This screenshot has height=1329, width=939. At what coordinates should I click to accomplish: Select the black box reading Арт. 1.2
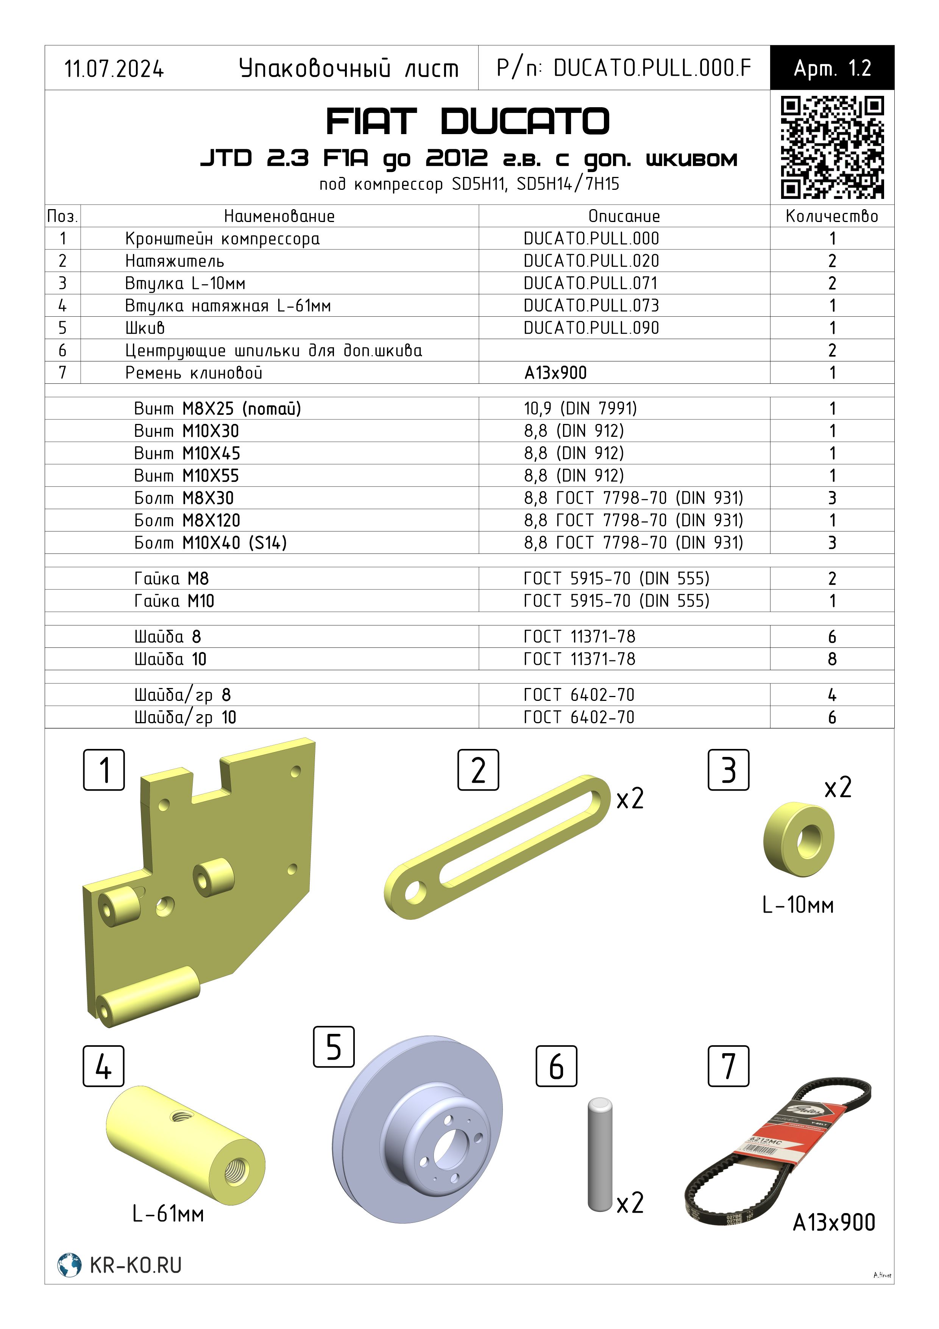[x=832, y=68]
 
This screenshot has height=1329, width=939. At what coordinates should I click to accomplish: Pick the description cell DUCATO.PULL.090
[x=591, y=328]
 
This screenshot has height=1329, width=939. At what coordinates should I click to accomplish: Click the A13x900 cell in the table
[x=555, y=373]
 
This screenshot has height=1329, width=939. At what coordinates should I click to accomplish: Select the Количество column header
[x=832, y=216]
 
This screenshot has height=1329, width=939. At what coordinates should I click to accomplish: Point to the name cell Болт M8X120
[x=187, y=521]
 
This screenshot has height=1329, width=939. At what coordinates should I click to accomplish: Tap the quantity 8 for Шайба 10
[x=832, y=659]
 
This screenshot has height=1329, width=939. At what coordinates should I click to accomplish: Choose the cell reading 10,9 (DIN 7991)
[x=580, y=409]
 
